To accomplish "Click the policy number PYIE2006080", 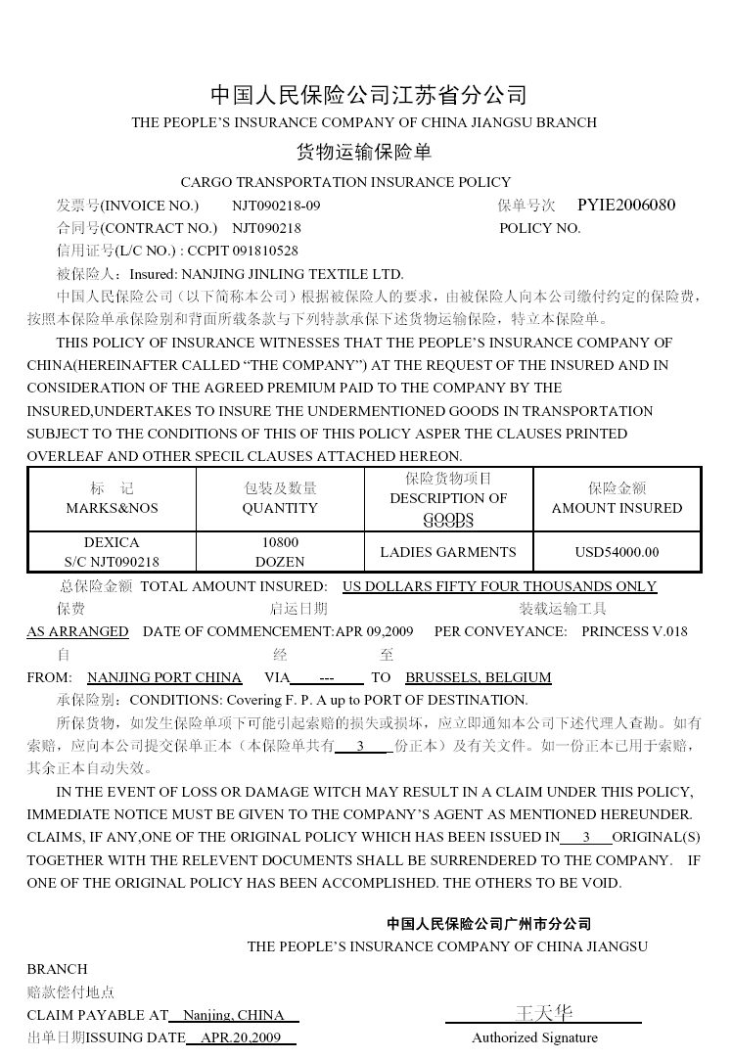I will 626,206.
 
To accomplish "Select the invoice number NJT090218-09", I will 276,206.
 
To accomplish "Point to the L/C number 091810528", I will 263,251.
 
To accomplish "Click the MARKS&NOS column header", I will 112,508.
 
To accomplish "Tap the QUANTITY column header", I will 280,508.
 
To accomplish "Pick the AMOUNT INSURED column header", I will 617,508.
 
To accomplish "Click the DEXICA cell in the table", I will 112,542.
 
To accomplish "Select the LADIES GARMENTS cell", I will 448,552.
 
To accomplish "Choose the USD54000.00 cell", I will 617,552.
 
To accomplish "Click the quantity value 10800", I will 280,542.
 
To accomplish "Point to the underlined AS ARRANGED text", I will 77,631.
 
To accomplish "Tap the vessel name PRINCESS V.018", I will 634,631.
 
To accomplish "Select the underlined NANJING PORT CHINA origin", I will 164,677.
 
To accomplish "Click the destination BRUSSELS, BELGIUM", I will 479,677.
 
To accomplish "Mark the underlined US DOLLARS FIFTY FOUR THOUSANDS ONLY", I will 499,586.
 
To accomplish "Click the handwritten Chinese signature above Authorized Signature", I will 543,1013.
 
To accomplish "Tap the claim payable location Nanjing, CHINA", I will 234,1015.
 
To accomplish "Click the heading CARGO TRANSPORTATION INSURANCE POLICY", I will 345,182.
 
